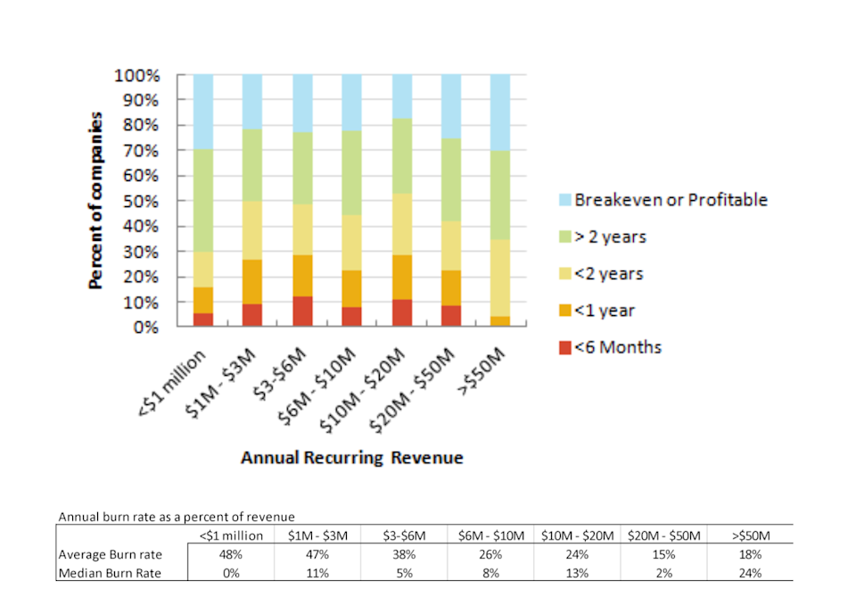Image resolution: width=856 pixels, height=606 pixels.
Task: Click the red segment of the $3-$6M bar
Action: click(303, 311)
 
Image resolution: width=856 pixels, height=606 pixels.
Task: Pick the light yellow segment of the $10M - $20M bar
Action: click(402, 224)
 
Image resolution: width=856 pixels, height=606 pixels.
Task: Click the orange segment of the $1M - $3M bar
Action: click(253, 281)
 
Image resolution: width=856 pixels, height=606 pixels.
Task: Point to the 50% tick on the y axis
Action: click(143, 201)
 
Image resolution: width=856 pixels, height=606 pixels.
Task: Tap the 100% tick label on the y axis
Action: click(139, 75)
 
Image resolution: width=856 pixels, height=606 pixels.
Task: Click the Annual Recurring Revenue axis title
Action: click(352, 458)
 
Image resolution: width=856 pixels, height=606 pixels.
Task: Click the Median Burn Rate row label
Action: click(110, 573)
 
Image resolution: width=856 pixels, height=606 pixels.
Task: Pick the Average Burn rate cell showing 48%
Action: click(232, 555)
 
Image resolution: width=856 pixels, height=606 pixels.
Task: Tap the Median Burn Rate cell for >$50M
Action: click(749, 573)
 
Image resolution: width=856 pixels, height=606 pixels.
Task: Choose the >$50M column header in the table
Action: click(749, 536)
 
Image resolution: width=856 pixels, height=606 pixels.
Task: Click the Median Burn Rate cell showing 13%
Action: click(577, 573)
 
